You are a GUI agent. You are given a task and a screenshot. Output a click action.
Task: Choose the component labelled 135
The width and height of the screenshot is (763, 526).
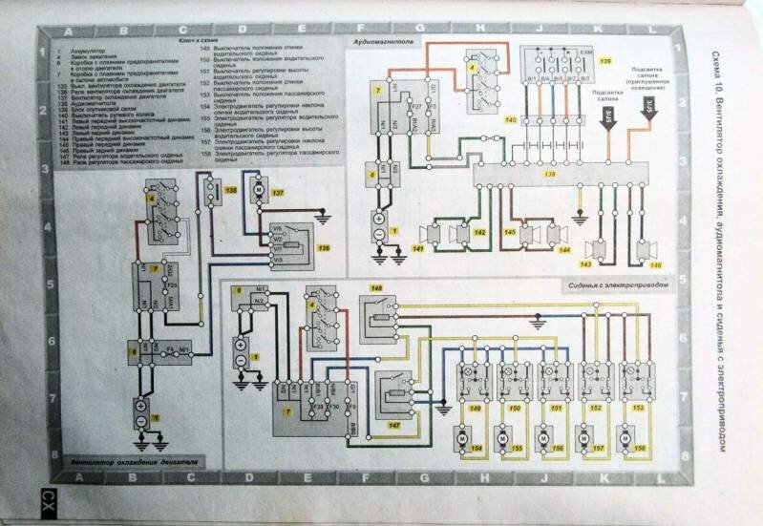click(210, 192)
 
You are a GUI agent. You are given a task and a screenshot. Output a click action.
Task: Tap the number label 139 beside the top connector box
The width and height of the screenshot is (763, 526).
click(604, 62)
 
